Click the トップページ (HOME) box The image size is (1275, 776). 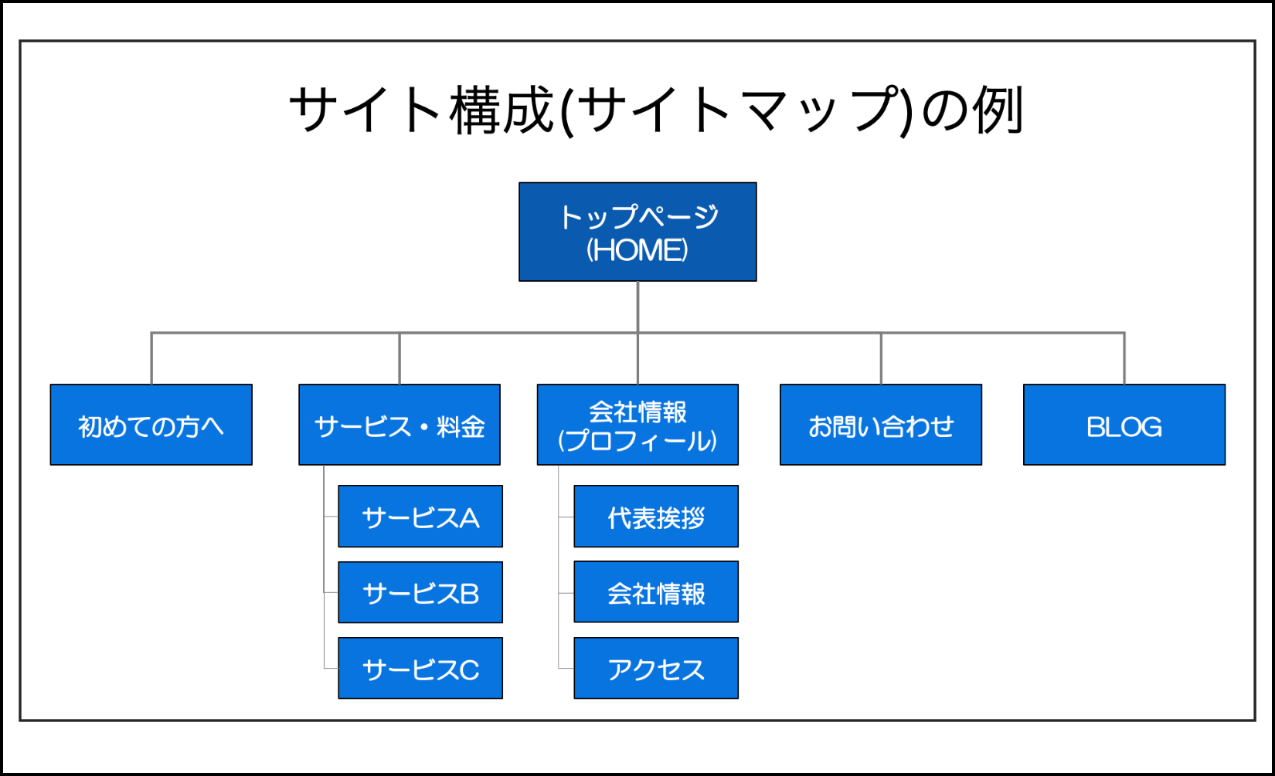(x=637, y=232)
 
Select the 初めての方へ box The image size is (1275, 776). (x=151, y=425)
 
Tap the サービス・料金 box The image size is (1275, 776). (x=399, y=425)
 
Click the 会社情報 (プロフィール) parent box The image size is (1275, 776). (x=637, y=425)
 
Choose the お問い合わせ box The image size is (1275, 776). (x=881, y=425)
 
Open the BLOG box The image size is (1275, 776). (x=1124, y=425)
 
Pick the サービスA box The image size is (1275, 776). (x=420, y=516)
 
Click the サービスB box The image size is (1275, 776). (x=420, y=592)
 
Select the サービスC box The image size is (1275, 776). (x=420, y=668)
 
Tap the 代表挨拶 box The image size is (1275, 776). (x=656, y=516)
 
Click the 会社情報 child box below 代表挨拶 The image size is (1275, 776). (x=656, y=591)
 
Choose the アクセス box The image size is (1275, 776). (x=656, y=668)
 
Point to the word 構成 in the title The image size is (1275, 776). (x=502, y=110)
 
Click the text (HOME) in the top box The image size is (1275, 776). (x=637, y=249)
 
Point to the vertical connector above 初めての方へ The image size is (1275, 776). (x=151, y=358)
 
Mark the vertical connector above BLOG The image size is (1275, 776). (x=1124, y=358)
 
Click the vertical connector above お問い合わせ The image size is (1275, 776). (x=881, y=358)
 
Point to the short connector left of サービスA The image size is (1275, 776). (x=331, y=517)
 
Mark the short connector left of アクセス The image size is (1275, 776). (x=566, y=668)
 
